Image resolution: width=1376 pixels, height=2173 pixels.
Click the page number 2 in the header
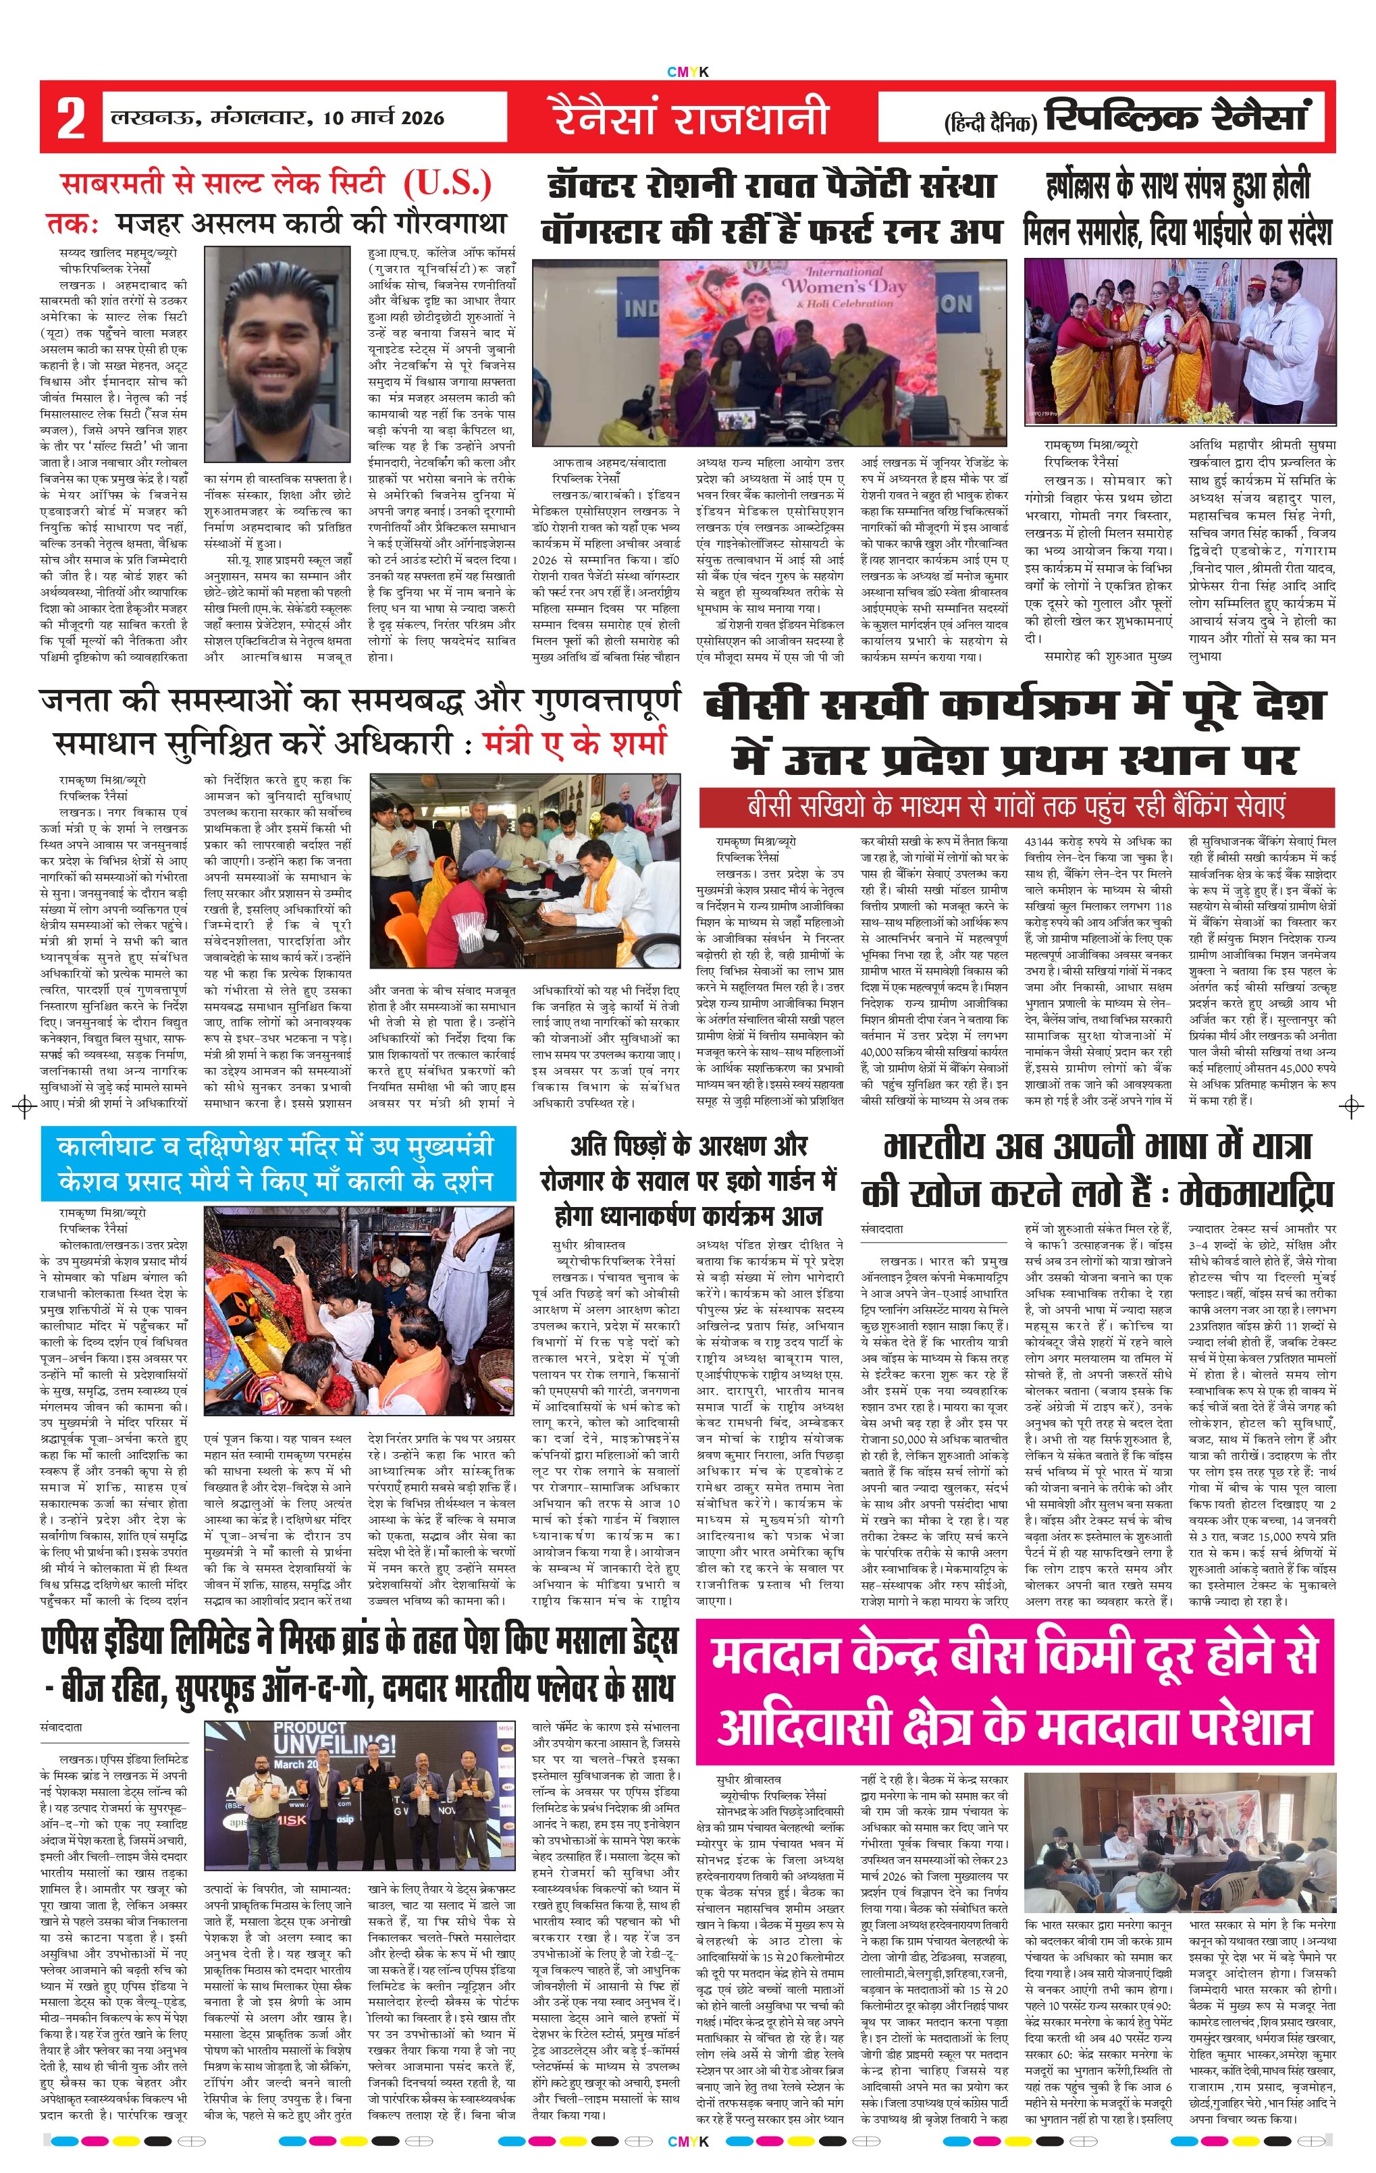click(x=70, y=118)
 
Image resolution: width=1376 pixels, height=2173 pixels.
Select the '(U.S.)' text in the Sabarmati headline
click(x=448, y=184)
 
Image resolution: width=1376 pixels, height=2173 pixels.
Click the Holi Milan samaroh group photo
click(x=1180, y=341)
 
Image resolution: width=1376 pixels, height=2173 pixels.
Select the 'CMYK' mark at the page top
click(x=687, y=72)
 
